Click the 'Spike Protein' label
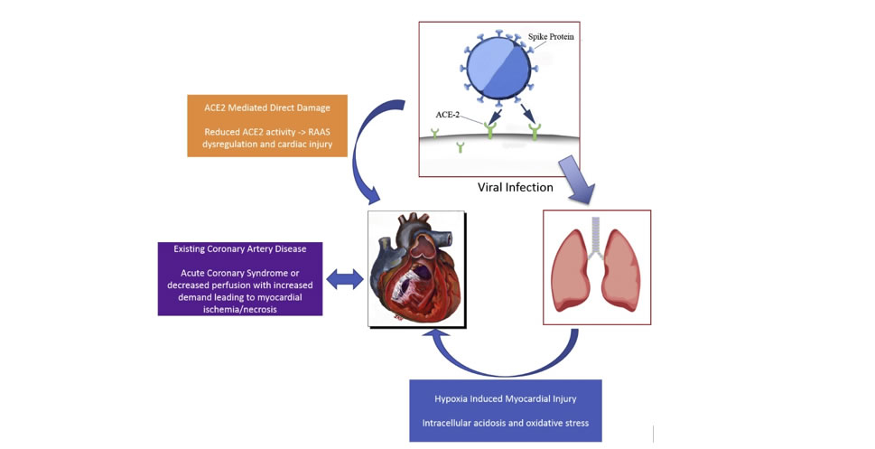pos(551,37)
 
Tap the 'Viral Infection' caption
pos(515,188)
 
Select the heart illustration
pos(416,268)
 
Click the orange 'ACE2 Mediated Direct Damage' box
pos(267,126)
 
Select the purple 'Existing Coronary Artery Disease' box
pos(240,277)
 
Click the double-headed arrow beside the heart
pos(343,281)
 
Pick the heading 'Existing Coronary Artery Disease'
pos(239,248)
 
